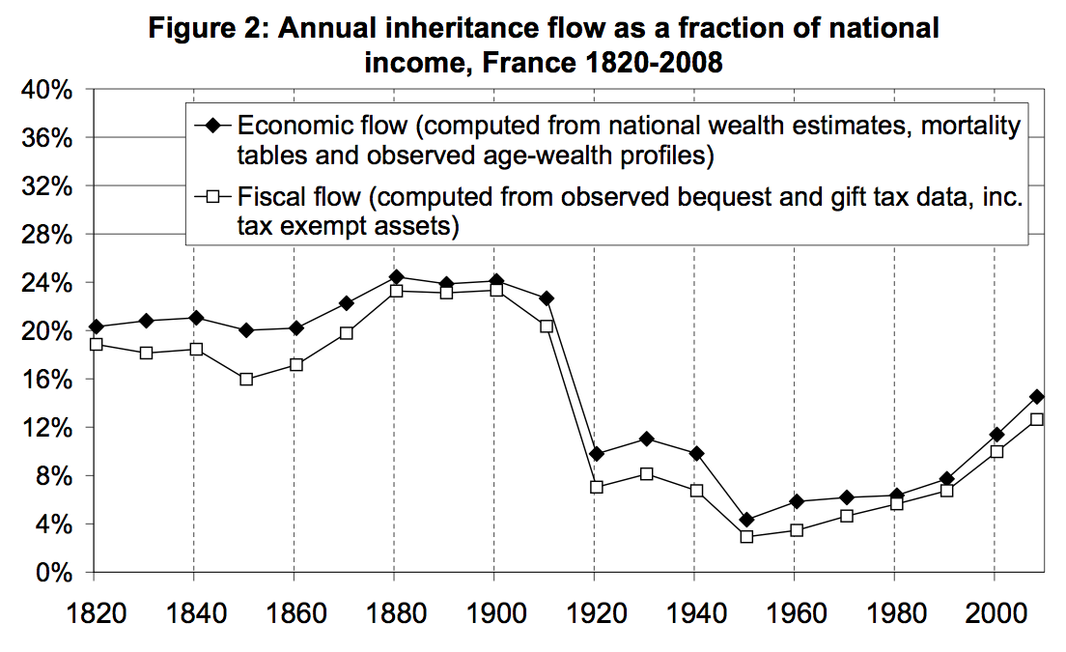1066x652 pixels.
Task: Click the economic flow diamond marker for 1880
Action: pyautogui.click(x=395, y=277)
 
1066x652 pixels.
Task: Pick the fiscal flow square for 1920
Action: pyautogui.click(x=596, y=487)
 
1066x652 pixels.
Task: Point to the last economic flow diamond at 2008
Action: pyautogui.click(x=1036, y=396)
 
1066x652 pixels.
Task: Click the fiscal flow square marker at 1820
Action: pyautogui.click(x=95, y=344)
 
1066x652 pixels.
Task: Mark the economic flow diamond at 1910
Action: pyautogui.click(x=546, y=298)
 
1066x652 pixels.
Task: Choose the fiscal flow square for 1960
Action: pyautogui.click(x=796, y=530)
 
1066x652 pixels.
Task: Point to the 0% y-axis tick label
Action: pyautogui.click(x=54, y=573)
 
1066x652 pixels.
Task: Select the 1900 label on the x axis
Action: pyautogui.click(x=494, y=613)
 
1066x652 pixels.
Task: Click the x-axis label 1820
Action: pyautogui.click(x=94, y=613)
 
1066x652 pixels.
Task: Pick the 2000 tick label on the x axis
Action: pyautogui.click(x=995, y=613)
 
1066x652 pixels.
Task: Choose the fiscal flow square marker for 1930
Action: pyautogui.click(x=646, y=473)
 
